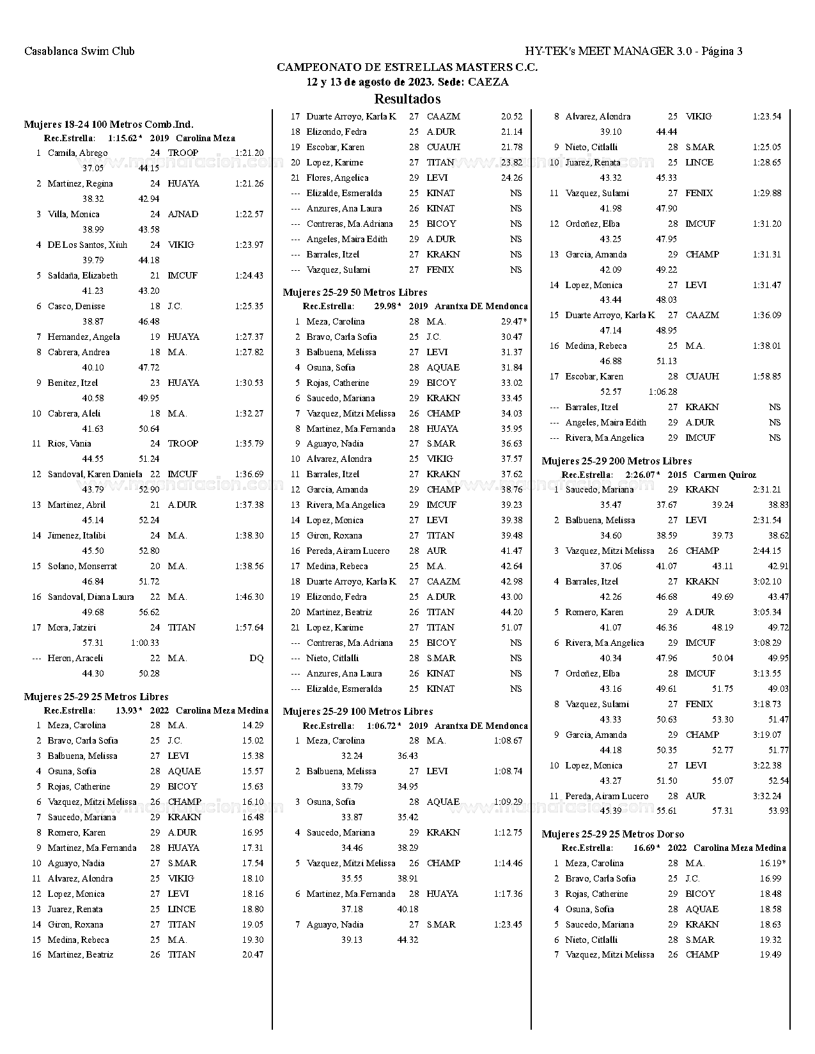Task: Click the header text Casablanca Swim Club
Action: [79, 51]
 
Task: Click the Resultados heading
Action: [407, 99]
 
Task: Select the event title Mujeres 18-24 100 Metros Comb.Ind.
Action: [109, 125]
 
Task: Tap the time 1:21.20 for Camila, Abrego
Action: [249, 153]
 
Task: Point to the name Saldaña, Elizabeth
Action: [82, 275]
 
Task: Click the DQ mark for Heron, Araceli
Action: [256, 658]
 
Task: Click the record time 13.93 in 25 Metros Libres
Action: [126, 710]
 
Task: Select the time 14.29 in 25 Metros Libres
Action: [252, 725]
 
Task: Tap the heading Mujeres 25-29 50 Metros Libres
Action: [355, 293]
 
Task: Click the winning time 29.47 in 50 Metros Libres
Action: [513, 321]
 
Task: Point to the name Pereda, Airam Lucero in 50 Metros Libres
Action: [348, 551]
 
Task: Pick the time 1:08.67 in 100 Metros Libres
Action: [508, 740]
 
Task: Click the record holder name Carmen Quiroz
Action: [724, 475]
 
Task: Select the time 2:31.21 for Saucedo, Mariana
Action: [767, 489]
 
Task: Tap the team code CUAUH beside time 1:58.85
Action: [702, 376]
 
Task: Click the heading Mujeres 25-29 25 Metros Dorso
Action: [612, 834]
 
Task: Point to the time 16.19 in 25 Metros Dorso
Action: [771, 863]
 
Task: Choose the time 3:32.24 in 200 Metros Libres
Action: [767, 796]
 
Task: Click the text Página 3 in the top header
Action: [722, 51]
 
